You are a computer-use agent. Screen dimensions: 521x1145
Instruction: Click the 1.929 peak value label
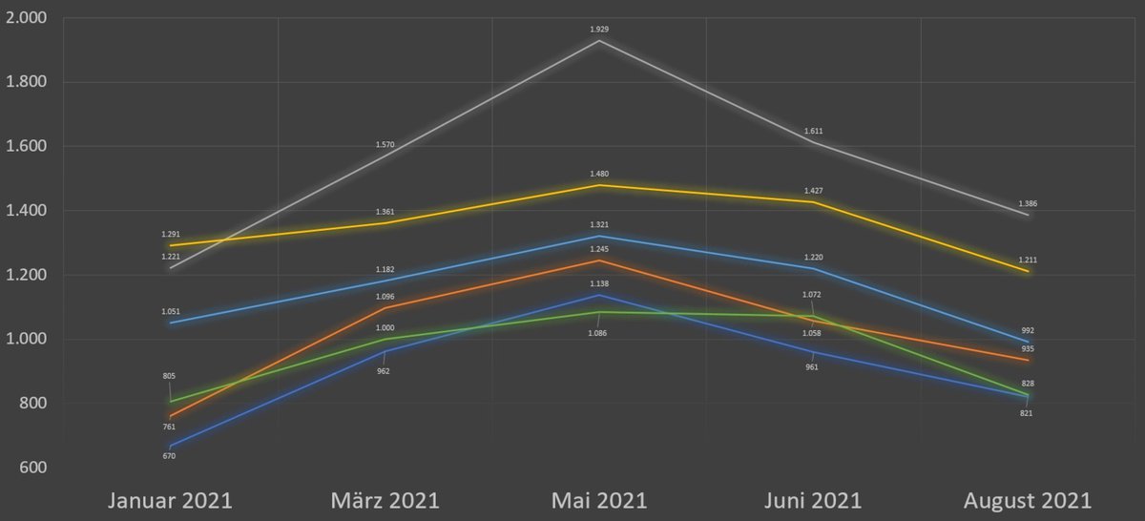pos(599,30)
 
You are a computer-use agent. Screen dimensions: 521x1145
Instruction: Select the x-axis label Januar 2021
pos(171,500)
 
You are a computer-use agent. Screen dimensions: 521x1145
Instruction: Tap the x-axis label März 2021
pos(385,500)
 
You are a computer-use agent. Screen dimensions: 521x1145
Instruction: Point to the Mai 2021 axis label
pos(599,500)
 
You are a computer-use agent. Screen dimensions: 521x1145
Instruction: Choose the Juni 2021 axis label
pos(813,500)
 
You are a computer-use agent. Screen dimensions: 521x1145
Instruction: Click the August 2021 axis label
pos(1028,500)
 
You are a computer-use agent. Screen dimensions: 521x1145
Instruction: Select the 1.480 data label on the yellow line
pos(599,174)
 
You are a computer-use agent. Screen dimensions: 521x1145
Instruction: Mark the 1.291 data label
pos(171,234)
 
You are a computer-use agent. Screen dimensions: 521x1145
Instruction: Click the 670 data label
pos(169,456)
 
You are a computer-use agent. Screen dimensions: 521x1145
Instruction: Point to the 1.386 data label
pos(1028,204)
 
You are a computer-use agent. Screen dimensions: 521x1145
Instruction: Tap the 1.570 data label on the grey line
pos(385,145)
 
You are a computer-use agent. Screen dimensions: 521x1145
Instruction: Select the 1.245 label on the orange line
pos(599,249)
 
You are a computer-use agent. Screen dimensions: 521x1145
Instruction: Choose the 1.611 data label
pos(813,131)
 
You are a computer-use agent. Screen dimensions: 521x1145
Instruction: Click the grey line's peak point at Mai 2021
pos(599,41)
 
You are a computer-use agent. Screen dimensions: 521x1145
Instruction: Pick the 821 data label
pos(1028,413)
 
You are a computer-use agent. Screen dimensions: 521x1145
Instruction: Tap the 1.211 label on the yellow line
pos(1028,260)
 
